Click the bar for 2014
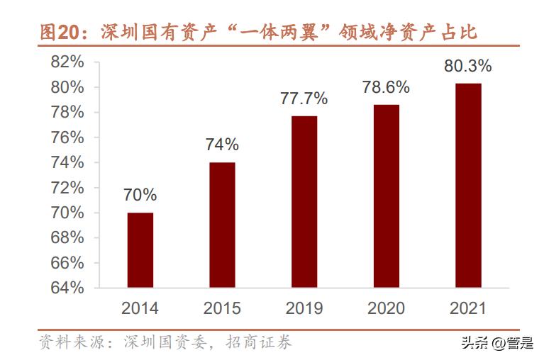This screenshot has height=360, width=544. pyautogui.click(x=140, y=250)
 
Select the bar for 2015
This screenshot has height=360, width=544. pyautogui.click(x=222, y=225)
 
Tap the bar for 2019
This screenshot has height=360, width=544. pyautogui.click(x=304, y=201)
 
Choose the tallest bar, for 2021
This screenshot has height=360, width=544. pyautogui.click(x=468, y=185)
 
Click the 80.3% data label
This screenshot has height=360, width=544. pyautogui.click(x=467, y=67)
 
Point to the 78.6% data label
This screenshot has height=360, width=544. pyautogui.click(x=386, y=88)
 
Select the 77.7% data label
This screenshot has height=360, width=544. pyautogui.click(x=304, y=99)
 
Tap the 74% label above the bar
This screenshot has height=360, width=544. pyautogui.click(x=222, y=145)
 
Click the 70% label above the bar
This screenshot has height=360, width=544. pyautogui.click(x=140, y=195)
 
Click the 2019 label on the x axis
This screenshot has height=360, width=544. pyautogui.click(x=304, y=308)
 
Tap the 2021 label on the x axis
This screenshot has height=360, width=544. pyautogui.click(x=467, y=308)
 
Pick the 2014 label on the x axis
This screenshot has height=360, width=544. pyautogui.click(x=140, y=308)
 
